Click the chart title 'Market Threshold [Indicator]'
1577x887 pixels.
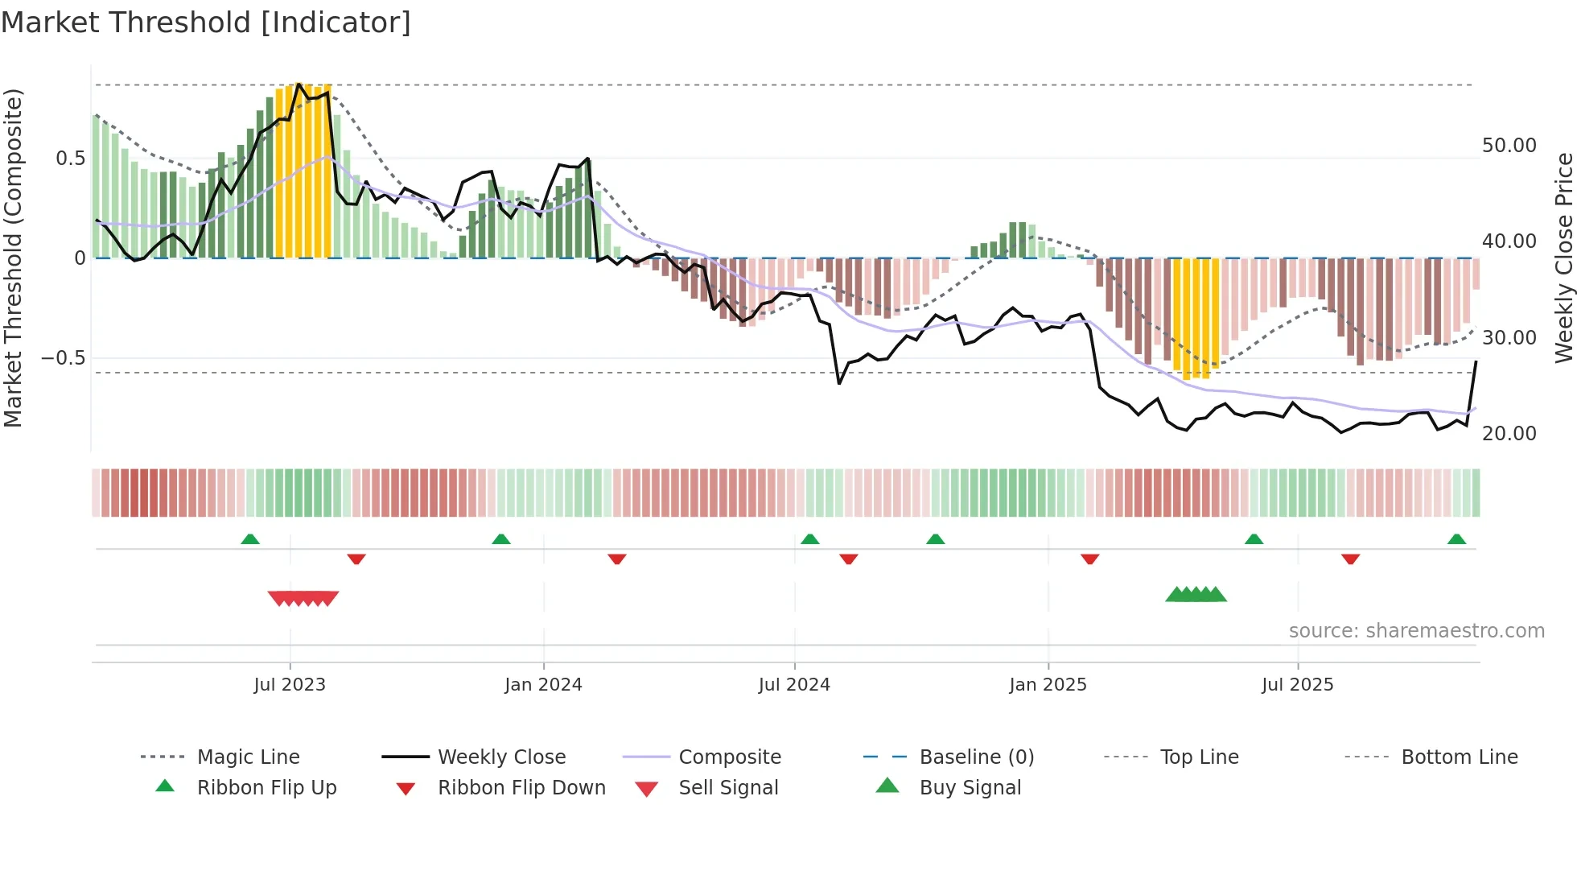pyautogui.click(x=206, y=23)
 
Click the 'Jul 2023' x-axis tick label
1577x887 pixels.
pyautogui.click(x=290, y=685)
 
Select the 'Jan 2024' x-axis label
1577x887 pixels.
pyautogui.click(x=543, y=685)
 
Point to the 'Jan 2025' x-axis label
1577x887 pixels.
pyautogui.click(x=1048, y=685)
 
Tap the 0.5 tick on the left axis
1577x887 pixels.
pyautogui.click(x=71, y=159)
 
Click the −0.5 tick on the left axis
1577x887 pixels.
pyautogui.click(x=64, y=357)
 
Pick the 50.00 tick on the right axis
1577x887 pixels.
pyautogui.click(x=1509, y=146)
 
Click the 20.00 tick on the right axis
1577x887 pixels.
pyautogui.click(x=1509, y=434)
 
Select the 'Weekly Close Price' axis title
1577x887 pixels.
pyautogui.click(x=1563, y=258)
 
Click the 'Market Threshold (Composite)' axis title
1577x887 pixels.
pyautogui.click(x=13, y=258)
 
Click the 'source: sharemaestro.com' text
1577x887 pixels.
pyautogui.click(x=1416, y=631)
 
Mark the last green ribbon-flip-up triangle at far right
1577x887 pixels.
pyautogui.click(x=1456, y=539)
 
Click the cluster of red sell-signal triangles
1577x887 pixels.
pyautogui.click(x=303, y=598)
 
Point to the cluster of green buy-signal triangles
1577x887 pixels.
pyautogui.click(x=1196, y=595)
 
